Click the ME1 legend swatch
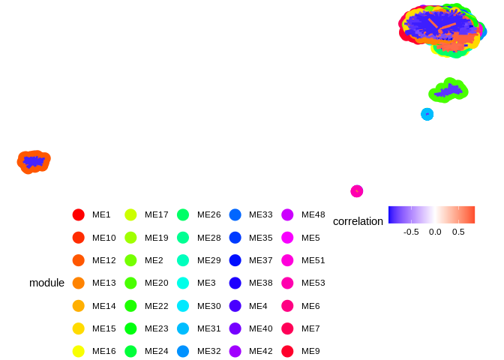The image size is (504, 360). click(78, 214)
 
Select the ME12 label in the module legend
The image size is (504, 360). click(104, 260)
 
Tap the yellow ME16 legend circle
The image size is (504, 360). click(78, 351)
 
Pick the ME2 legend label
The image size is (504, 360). click(154, 260)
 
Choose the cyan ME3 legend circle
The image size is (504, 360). click(183, 283)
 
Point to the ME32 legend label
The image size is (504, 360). click(209, 351)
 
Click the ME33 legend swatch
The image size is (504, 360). click(235, 214)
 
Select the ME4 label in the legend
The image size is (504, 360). click(258, 305)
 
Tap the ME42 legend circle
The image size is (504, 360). click(287, 351)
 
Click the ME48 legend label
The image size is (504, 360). click(313, 214)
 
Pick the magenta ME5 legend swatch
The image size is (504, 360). click(287, 237)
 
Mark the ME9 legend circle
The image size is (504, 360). click(287, 351)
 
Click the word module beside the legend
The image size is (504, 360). click(46, 283)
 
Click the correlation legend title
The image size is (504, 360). click(358, 221)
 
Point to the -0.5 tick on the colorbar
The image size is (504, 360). click(411, 232)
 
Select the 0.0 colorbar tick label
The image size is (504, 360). click(435, 232)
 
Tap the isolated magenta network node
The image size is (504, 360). click(357, 191)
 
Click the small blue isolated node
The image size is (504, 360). click(427, 114)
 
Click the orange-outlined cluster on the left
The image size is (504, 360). click(34, 161)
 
